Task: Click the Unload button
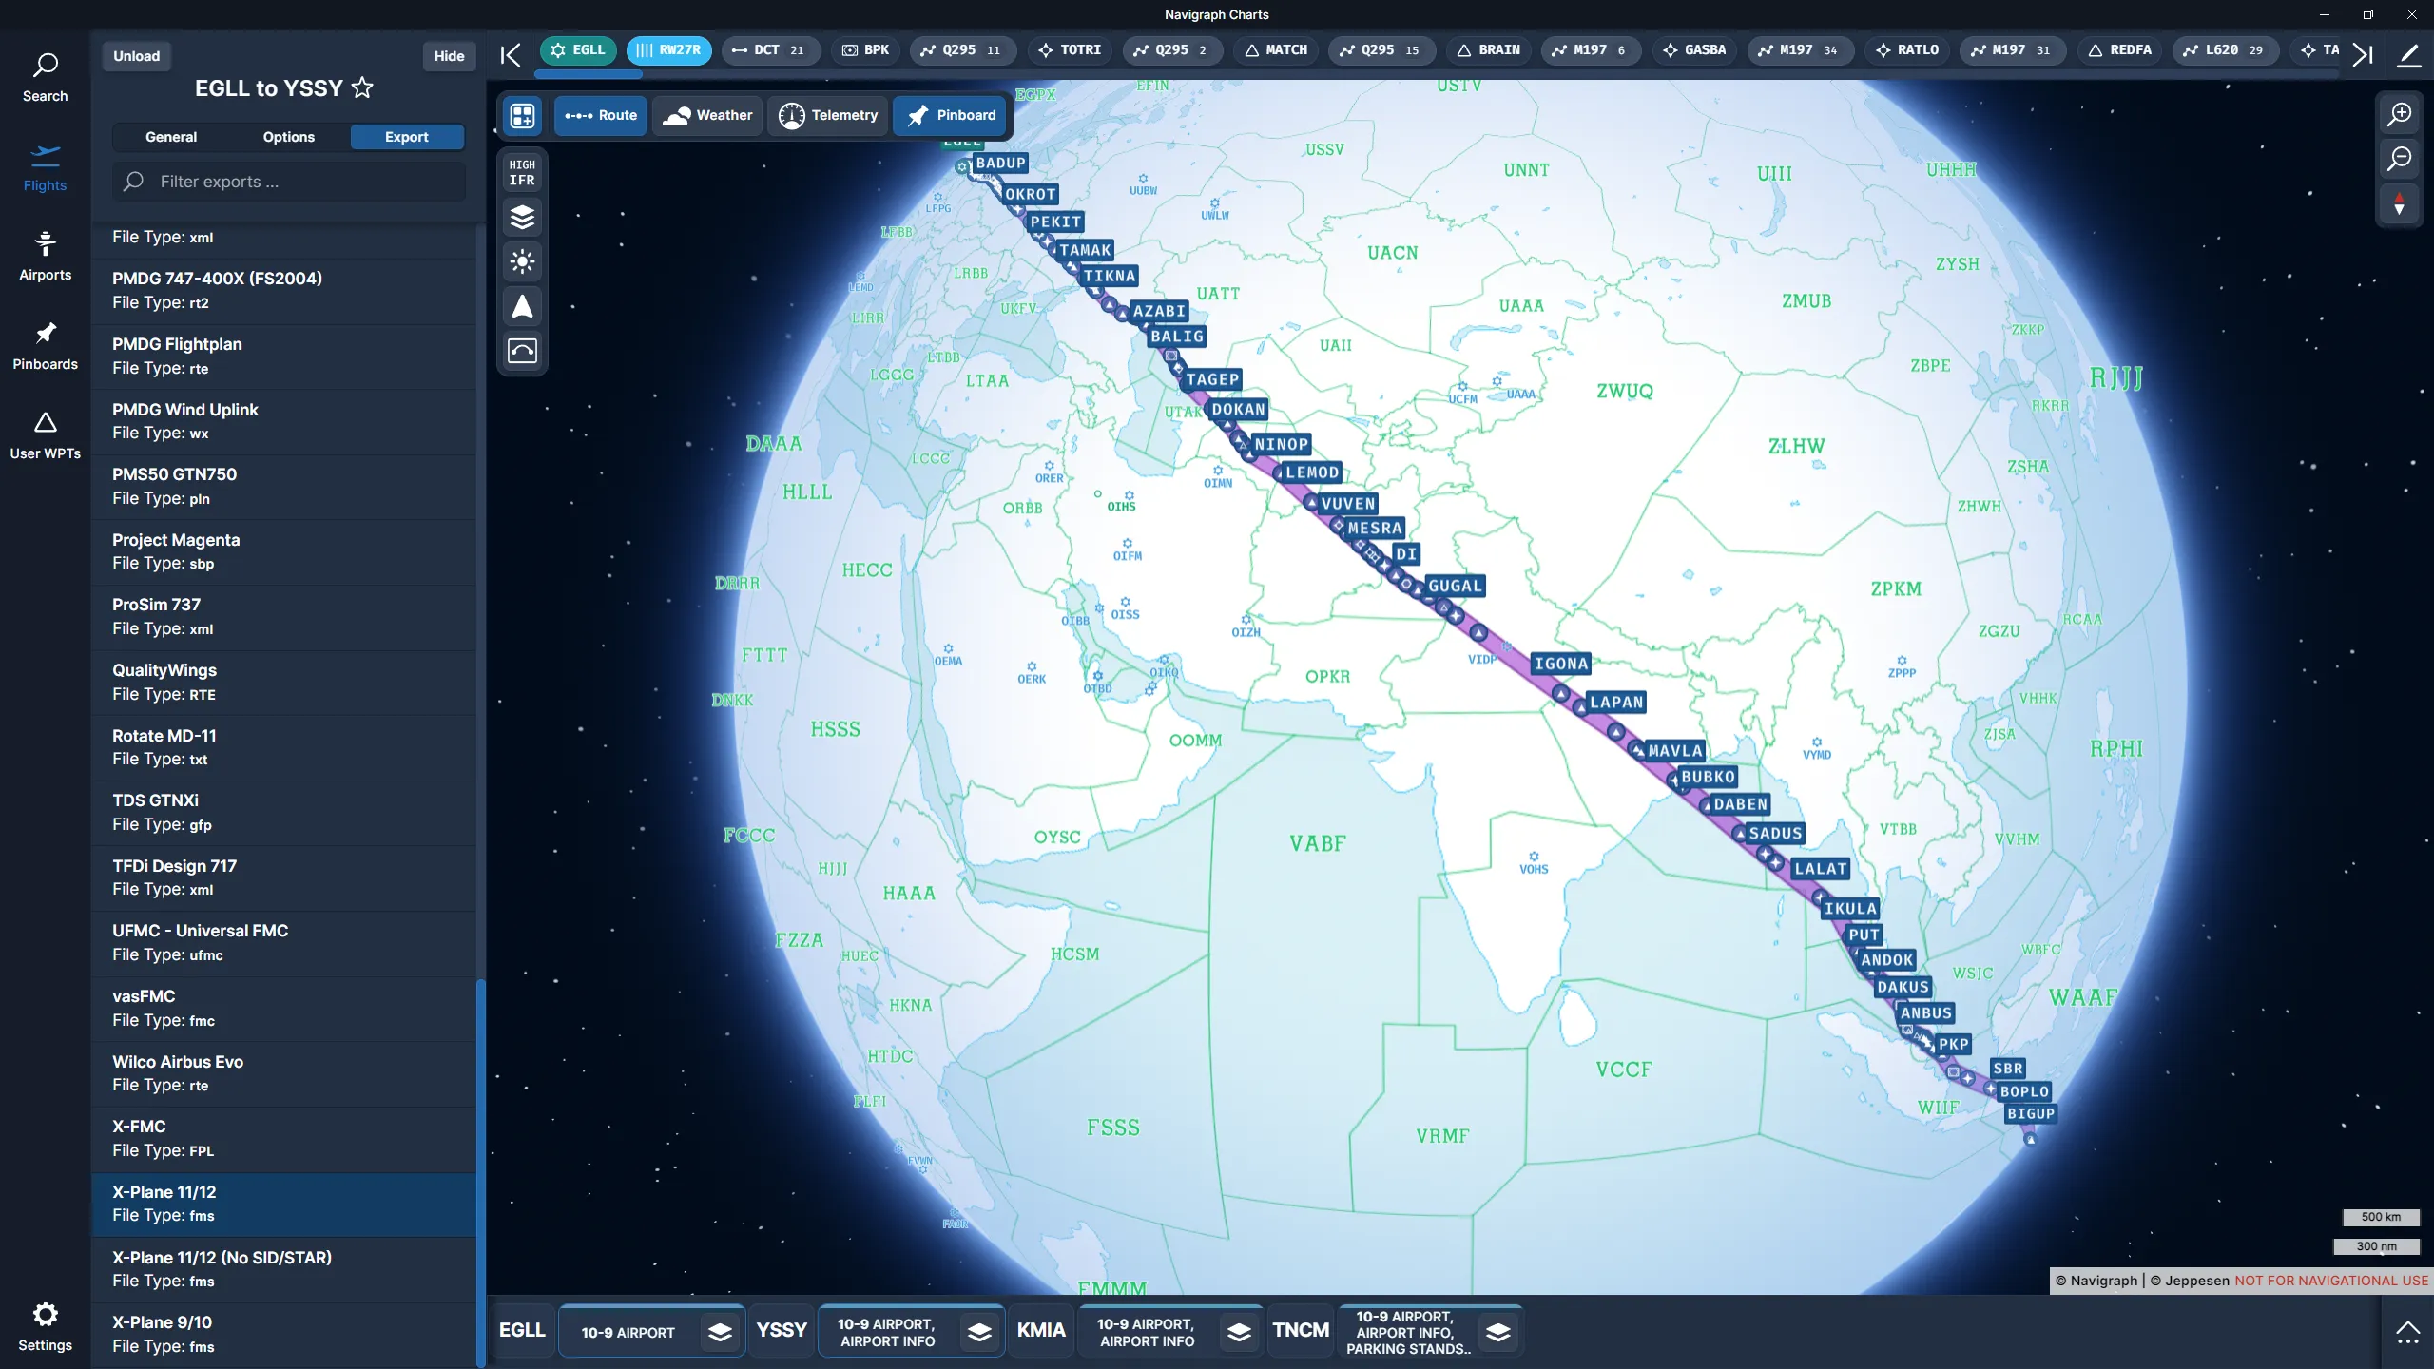[137, 56]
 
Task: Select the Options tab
[288, 137]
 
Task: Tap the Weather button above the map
[708, 115]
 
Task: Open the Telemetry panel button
[828, 115]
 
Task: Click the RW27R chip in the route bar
[668, 50]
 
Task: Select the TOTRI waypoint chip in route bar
[1070, 50]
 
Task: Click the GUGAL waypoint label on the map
[1455, 587]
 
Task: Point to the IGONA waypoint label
[1560, 665]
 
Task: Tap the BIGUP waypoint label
[2031, 1114]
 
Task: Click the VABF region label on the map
[1317, 844]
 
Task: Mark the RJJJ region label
[2115, 378]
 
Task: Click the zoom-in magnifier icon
[2400, 114]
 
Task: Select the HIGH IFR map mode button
[522, 173]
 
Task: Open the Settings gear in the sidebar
[45, 1326]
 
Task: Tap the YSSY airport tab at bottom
[782, 1330]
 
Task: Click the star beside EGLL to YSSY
[362, 88]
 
